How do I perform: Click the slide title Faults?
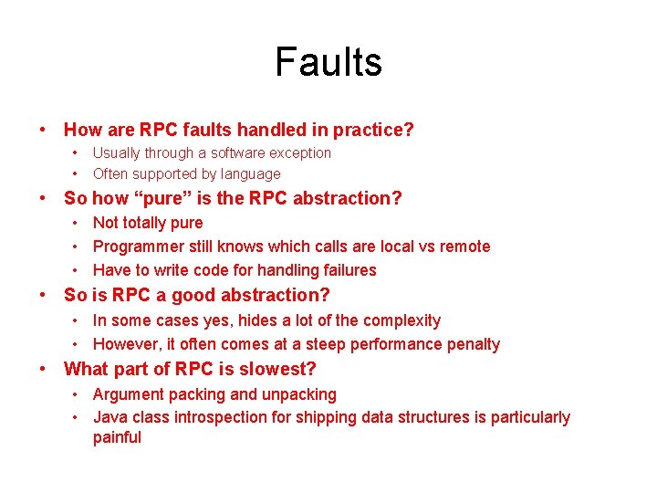point(328,62)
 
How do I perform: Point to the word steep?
point(322,344)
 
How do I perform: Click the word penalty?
point(470,344)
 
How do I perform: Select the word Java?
point(109,418)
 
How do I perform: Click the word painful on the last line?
point(117,437)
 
